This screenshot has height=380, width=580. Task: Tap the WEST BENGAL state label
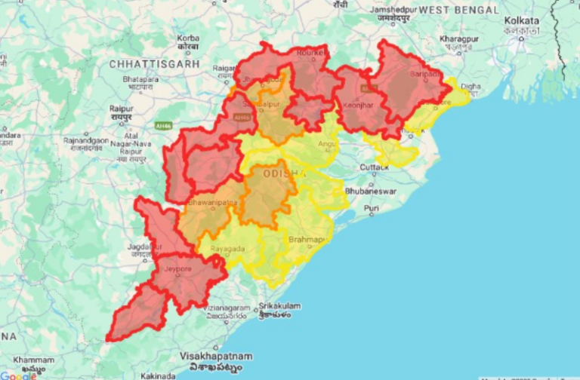pyautogui.click(x=458, y=10)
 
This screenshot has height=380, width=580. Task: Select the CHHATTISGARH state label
pyautogui.click(x=154, y=64)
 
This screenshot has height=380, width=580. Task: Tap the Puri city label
pyautogui.click(x=372, y=207)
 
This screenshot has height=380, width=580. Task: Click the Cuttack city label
pyautogui.click(x=375, y=167)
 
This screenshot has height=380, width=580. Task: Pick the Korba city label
pyautogui.click(x=188, y=38)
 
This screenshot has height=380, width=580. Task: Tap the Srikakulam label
pyautogui.click(x=279, y=306)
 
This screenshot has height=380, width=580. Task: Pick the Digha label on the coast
pyautogui.click(x=470, y=87)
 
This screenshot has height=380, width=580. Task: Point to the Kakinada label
pyautogui.click(x=157, y=375)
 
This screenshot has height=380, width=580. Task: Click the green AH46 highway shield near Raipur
pyautogui.click(x=163, y=125)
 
